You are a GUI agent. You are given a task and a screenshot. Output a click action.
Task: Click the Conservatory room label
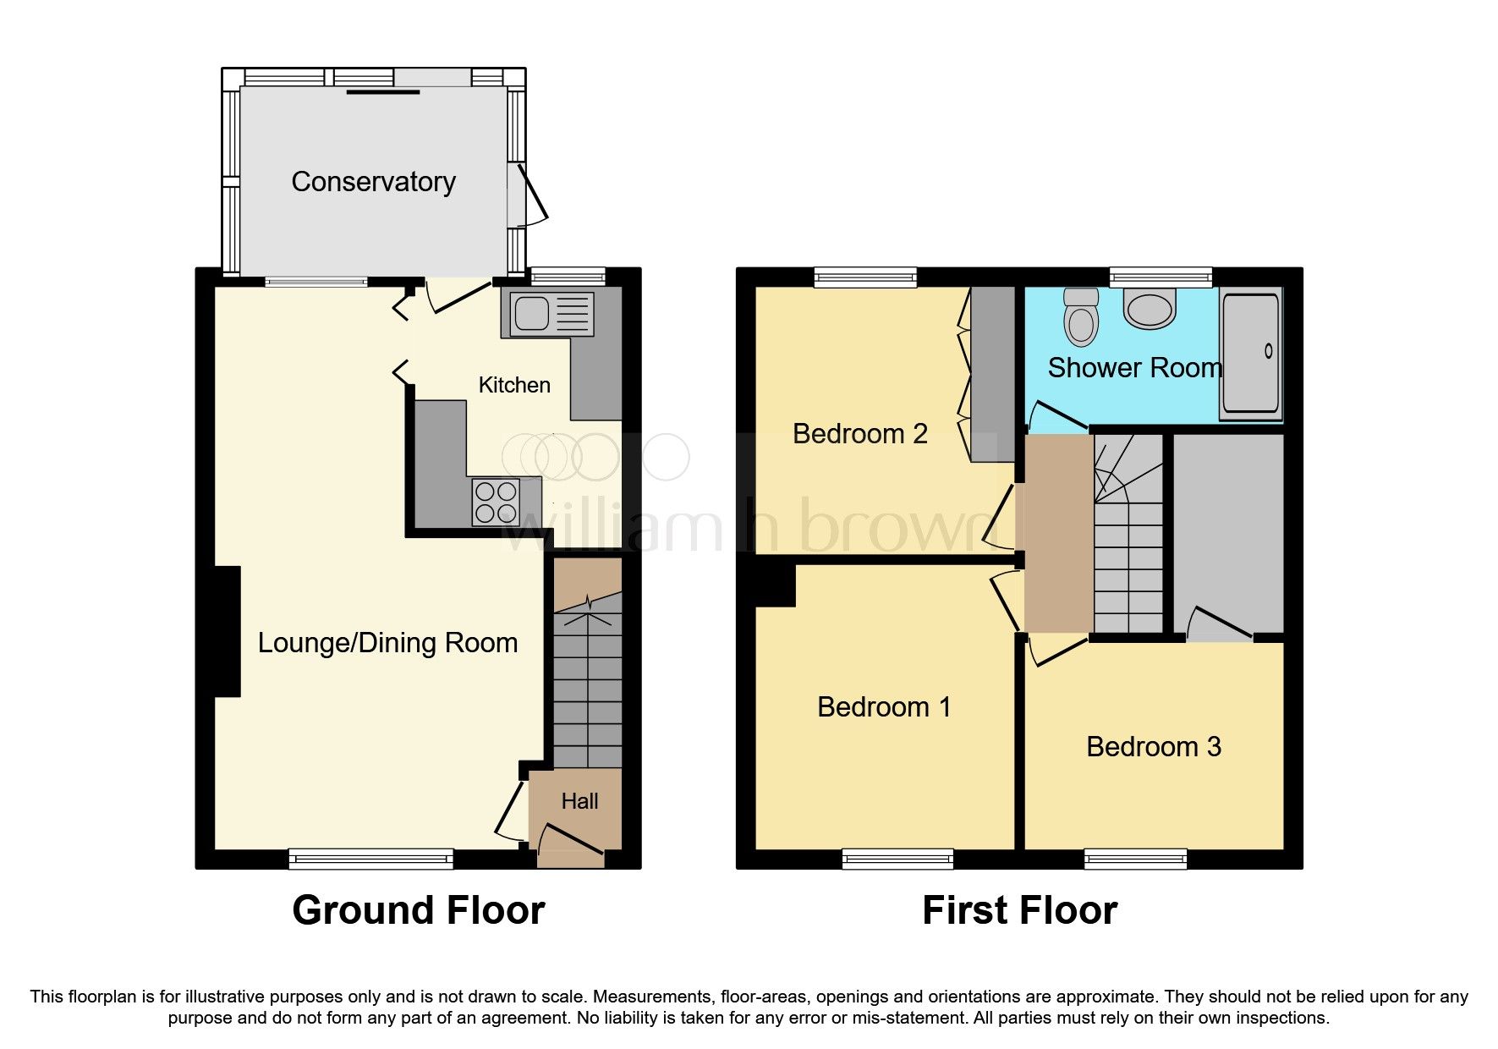373,182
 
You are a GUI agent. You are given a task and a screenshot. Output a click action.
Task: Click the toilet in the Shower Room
1080,317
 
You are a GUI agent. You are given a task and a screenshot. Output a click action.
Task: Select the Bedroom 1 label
884,707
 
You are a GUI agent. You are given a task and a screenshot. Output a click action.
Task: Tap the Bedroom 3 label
1153,747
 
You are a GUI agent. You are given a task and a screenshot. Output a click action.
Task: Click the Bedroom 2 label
859,434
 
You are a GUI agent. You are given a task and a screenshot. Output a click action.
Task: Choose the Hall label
579,801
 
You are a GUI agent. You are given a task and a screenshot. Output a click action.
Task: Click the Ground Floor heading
418,911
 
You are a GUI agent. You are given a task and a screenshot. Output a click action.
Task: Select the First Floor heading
1019,911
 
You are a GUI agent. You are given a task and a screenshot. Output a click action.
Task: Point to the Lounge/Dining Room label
387,643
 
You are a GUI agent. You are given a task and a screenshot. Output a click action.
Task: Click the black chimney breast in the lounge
228,631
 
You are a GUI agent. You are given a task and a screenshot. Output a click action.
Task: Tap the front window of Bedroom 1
897,860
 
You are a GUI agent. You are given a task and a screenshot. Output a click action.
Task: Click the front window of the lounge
370,860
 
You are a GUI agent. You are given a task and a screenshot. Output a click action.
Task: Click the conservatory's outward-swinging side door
527,195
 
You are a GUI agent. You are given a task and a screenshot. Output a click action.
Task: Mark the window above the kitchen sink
568,276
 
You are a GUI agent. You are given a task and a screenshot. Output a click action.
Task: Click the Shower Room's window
1161,276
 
